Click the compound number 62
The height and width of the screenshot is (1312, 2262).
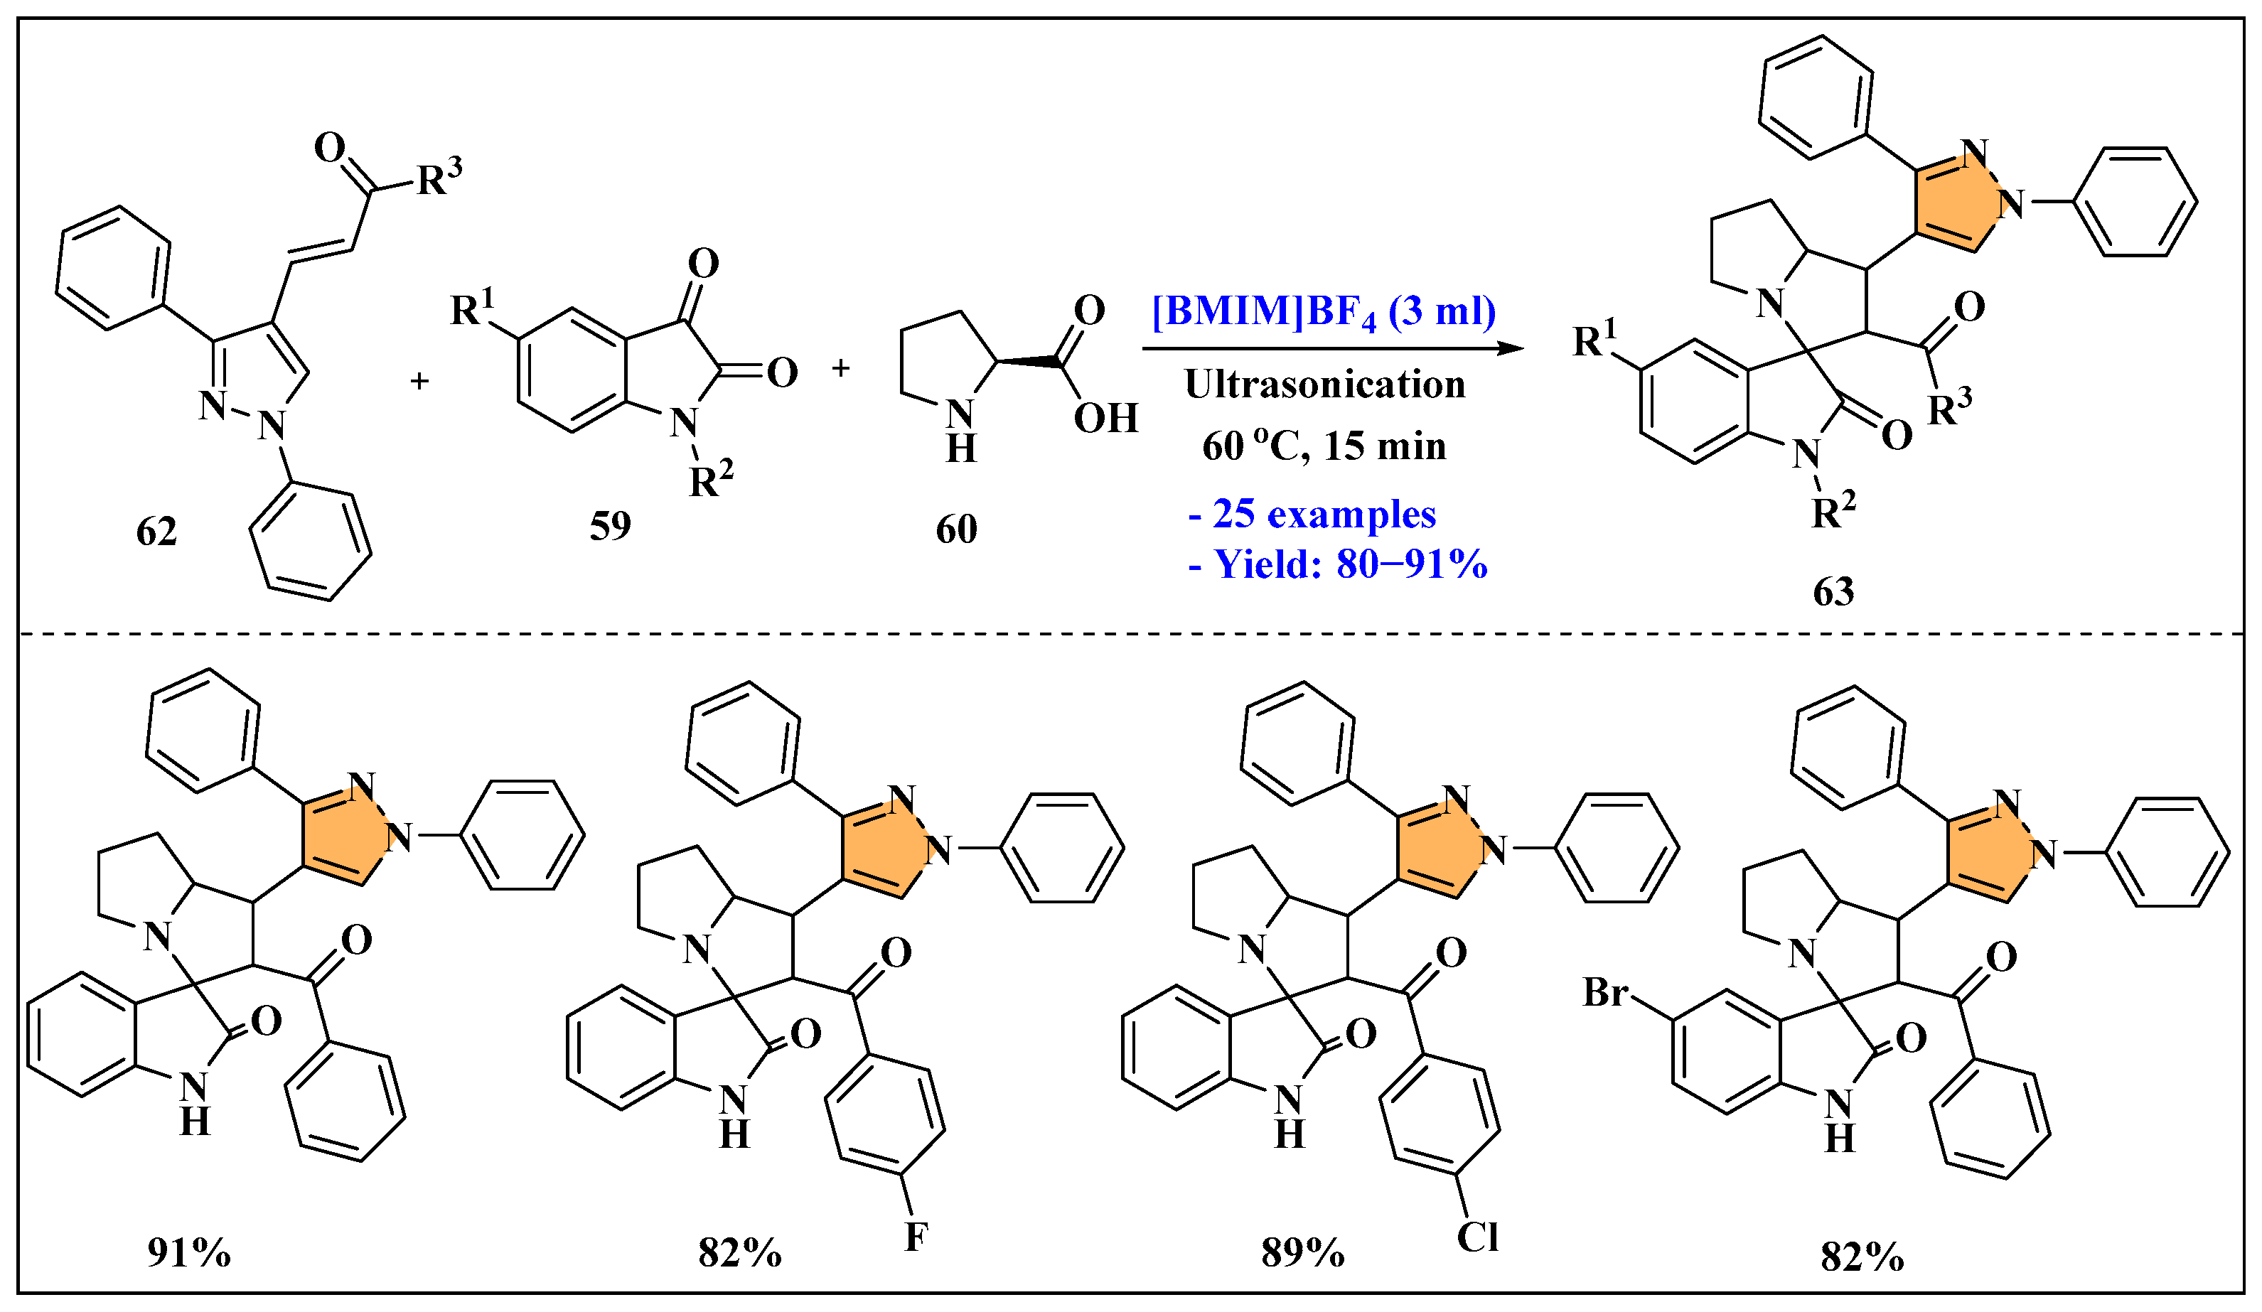point(156,532)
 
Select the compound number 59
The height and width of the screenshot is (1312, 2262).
point(611,526)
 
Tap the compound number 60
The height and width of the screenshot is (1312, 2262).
point(956,529)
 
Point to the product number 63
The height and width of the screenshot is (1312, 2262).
point(1833,592)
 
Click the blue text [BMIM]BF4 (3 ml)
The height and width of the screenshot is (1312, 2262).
point(1324,312)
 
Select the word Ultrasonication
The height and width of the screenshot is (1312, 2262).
point(1325,384)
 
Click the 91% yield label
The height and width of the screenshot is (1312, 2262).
point(189,1253)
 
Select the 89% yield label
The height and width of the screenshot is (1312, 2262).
point(1302,1253)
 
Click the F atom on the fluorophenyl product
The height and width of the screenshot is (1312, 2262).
point(916,1237)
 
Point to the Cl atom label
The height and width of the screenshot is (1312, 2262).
point(1477,1237)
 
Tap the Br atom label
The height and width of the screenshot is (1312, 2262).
point(1606,992)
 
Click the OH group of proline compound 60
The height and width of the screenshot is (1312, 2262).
point(1106,418)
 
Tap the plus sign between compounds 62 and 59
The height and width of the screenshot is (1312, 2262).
point(419,382)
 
